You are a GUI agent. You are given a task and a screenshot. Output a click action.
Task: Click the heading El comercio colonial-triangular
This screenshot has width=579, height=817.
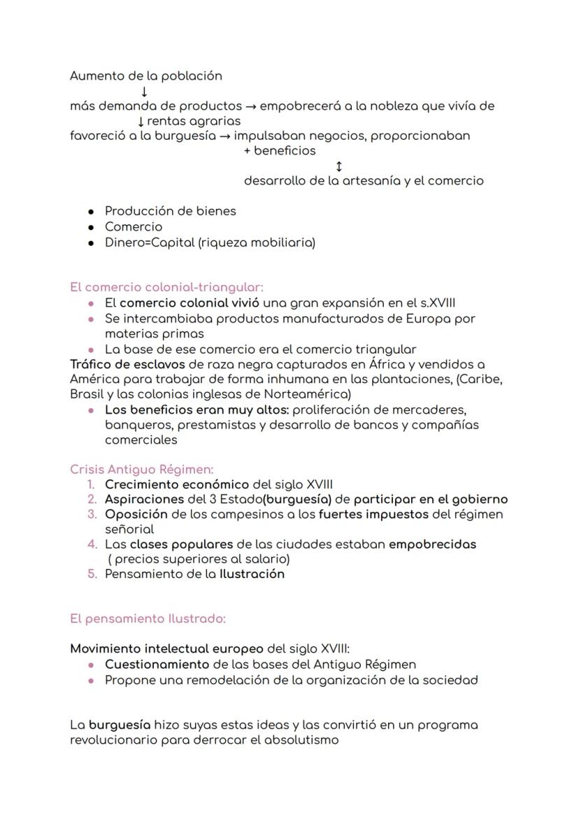coord(166,287)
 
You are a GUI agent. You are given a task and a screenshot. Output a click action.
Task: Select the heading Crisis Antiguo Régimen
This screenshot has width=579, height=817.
coord(141,470)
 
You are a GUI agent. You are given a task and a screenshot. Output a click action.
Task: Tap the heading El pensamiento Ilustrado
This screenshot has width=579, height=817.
coord(148,619)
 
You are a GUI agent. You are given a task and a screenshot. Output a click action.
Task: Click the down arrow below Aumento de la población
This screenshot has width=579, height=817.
coord(143,92)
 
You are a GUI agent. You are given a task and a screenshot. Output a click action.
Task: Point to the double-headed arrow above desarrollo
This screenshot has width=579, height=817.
coord(339,166)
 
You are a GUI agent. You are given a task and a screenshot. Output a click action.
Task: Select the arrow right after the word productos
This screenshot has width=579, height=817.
coord(250,107)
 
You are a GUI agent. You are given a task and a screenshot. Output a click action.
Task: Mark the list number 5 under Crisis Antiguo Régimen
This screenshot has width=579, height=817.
coord(92,574)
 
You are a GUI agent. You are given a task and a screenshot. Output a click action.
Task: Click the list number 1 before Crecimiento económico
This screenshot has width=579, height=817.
coord(92,484)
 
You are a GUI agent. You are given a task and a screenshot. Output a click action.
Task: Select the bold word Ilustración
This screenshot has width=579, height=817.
coord(252,574)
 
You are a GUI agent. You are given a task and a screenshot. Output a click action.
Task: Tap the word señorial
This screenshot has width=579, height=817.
coord(129,529)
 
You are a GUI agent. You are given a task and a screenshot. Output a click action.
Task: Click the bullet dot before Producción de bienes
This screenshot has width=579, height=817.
coord(92,212)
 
